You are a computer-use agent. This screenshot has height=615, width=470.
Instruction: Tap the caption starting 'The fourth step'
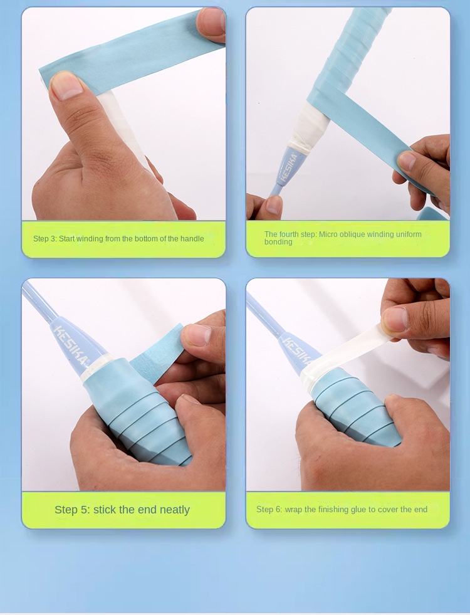click(x=343, y=238)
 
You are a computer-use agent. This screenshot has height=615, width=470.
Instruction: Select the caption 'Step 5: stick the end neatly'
click(x=122, y=510)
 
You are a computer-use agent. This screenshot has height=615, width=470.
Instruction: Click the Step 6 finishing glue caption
click(x=342, y=509)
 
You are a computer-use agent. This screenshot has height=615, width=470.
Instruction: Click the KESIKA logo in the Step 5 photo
click(x=70, y=345)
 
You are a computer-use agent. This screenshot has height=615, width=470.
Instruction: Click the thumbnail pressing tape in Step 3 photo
click(x=66, y=85)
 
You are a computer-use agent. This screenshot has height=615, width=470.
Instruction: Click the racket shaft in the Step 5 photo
click(x=39, y=301)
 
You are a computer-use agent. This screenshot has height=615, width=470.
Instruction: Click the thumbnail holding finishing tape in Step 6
click(x=395, y=320)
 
